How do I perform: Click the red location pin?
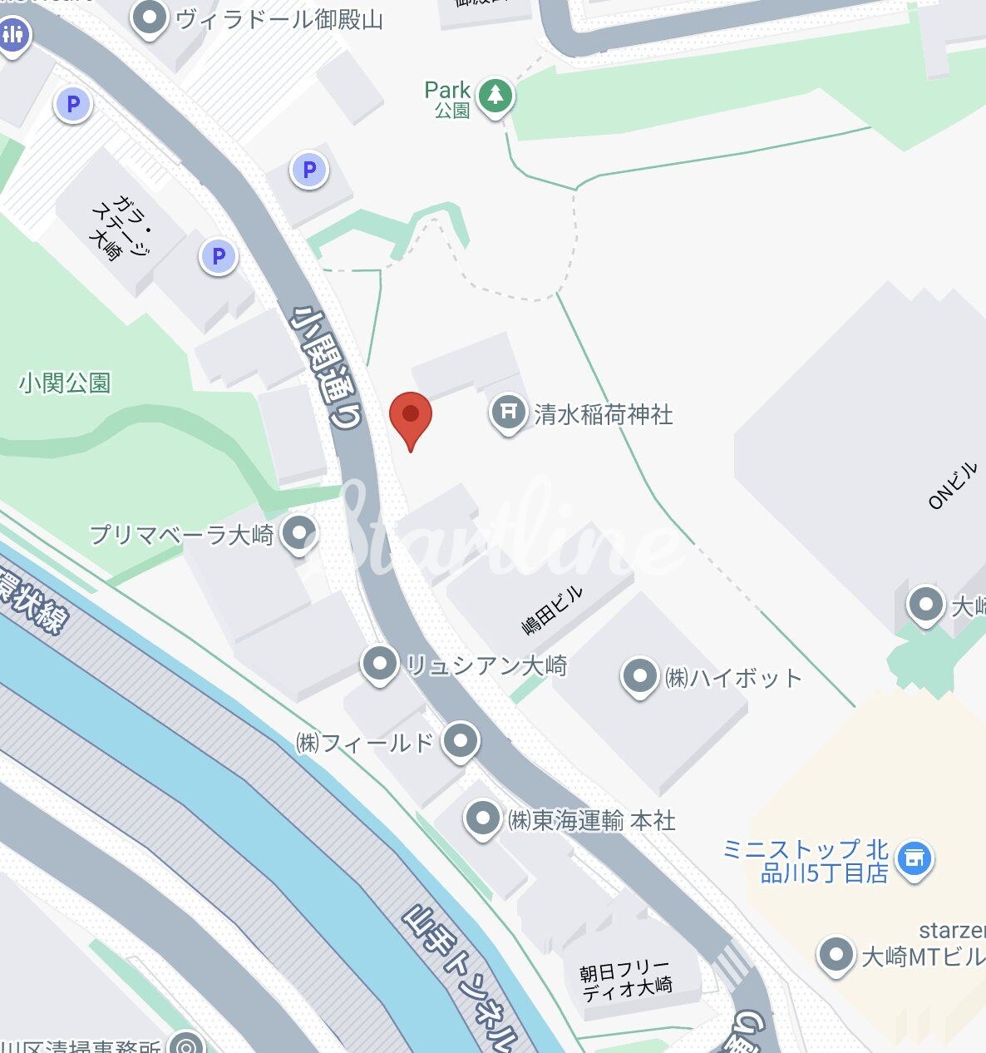click(x=410, y=416)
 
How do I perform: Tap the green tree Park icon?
click(x=495, y=96)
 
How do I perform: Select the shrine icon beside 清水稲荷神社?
click(x=507, y=411)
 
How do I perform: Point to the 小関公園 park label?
click(x=65, y=383)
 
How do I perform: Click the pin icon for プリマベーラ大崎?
click(x=299, y=531)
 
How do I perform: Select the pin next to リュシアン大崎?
click(x=381, y=665)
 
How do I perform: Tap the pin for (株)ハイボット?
click(x=639, y=676)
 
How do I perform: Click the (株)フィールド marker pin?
click(x=461, y=740)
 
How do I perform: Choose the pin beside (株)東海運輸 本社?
click(x=482, y=818)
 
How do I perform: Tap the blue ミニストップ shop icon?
click(x=914, y=859)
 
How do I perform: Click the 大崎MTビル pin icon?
click(x=836, y=955)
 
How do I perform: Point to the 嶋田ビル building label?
click(x=553, y=610)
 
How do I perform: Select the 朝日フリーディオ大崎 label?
click(x=625, y=979)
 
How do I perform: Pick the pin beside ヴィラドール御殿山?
click(x=150, y=18)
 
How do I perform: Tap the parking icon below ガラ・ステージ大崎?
click(x=219, y=257)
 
